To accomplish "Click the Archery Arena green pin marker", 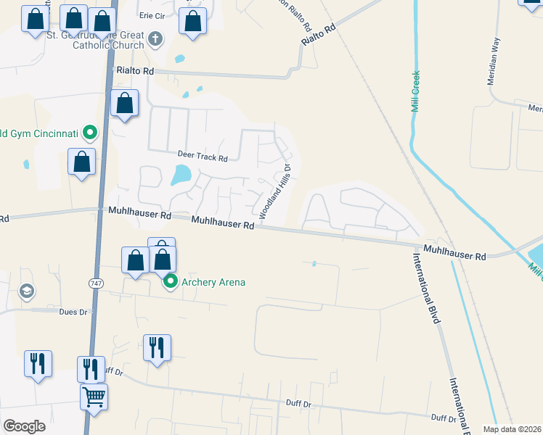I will point(171,281).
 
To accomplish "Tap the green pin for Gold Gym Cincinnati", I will point(90,133).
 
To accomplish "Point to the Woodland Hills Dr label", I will point(275,191).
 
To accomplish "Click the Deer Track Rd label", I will point(203,157).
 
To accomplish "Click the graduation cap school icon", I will point(27,291).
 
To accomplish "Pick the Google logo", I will point(24,426).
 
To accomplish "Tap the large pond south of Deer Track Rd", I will point(181,175).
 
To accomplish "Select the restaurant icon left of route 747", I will point(38,363).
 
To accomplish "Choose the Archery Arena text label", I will point(213,282).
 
